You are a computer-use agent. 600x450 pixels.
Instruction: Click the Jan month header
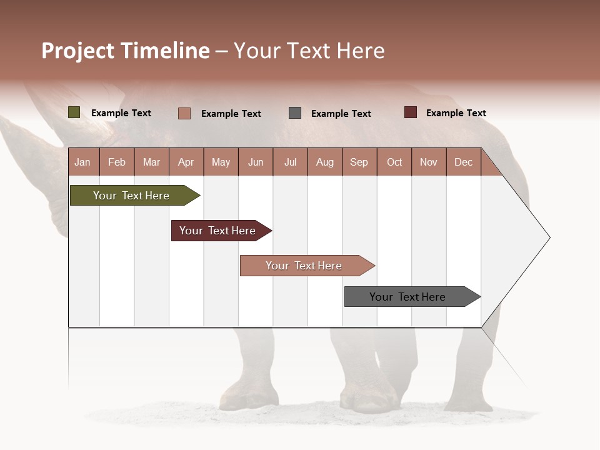[x=82, y=162]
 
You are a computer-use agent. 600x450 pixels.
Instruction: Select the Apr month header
[x=186, y=162]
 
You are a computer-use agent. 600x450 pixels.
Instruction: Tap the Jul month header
[x=290, y=162]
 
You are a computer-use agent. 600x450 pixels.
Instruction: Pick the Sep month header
[x=359, y=162]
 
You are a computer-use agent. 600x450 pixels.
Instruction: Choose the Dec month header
[x=463, y=162]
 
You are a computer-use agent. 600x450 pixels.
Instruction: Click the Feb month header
[x=117, y=162]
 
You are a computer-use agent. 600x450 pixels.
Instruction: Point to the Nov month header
[x=428, y=162]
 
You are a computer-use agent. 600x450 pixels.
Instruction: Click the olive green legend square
[x=74, y=112]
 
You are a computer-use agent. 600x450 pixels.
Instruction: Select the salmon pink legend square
[x=184, y=113]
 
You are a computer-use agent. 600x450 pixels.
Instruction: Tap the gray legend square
[x=295, y=113]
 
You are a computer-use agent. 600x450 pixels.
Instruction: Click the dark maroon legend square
[x=410, y=112]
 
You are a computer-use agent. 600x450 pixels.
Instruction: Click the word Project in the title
[x=78, y=51]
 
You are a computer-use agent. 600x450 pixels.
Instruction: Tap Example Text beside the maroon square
[x=456, y=113]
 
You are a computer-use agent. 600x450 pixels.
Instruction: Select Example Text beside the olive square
[x=121, y=113]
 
